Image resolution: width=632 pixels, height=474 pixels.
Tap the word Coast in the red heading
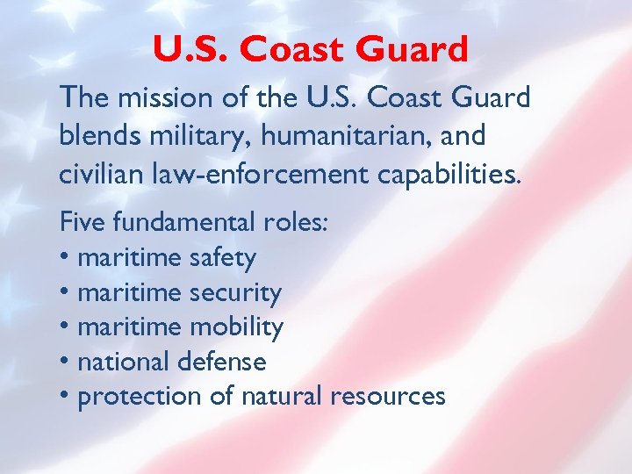pos(285,50)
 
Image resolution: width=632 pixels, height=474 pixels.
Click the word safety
pos(222,257)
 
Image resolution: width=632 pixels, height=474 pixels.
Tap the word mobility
pos(236,327)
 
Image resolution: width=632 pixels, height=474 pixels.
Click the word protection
pos(140,397)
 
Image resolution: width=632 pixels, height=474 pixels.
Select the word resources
pos(387,397)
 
